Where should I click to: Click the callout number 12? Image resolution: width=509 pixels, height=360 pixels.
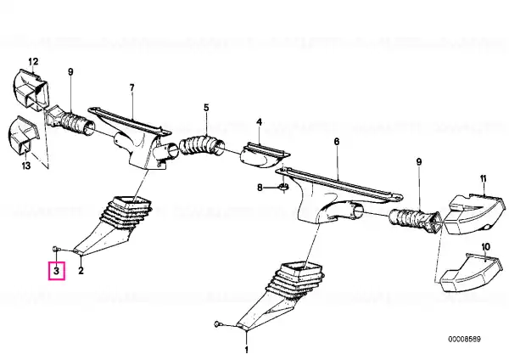click(x=33, y=61)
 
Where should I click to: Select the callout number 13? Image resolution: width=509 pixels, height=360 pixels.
click(x=26, y=166)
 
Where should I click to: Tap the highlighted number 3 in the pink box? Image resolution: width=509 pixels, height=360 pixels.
click(x=57, y=270)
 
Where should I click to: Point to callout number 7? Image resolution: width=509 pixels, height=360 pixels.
click(x=131, y=87)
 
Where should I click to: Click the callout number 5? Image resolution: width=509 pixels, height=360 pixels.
click(x=206, y=108)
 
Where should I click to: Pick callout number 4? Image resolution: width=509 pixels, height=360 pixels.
click(x=259, y=122)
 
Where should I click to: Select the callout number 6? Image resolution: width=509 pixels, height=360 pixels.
click(x=337, y=142)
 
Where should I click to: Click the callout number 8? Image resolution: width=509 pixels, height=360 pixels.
click(x=260, y=188)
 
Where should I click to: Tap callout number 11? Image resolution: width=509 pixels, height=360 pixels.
click(x=484, y=178)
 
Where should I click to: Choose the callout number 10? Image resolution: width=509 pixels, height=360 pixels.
click(x=485, y=247)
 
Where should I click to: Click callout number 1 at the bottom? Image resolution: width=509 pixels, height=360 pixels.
click(x=246, y=350)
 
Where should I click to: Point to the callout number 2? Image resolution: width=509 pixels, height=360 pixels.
click(x=81, y=270)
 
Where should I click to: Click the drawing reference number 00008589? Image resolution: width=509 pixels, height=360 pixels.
click(x=464, y=340)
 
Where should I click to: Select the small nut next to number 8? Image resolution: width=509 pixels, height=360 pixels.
click(x=283, y=187)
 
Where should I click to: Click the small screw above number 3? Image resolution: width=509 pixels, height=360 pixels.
click(x=55, y=249)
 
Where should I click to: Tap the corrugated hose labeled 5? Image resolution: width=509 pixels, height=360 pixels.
click(x=202, y=146)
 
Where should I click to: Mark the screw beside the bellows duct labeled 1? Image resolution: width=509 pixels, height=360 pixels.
click(x=218, y=323)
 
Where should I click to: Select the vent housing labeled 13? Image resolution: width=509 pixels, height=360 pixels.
click(x=23, y=134)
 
